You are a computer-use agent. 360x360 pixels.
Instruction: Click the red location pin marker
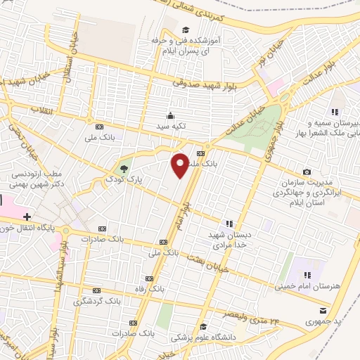[181, 165]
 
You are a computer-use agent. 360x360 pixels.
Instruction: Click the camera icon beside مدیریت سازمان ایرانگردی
[307, 172]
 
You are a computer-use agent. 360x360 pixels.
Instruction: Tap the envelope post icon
[323, 310]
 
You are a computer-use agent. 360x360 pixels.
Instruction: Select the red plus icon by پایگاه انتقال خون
[27, 217]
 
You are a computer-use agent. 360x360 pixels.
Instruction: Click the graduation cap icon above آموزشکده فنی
[185, 30]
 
